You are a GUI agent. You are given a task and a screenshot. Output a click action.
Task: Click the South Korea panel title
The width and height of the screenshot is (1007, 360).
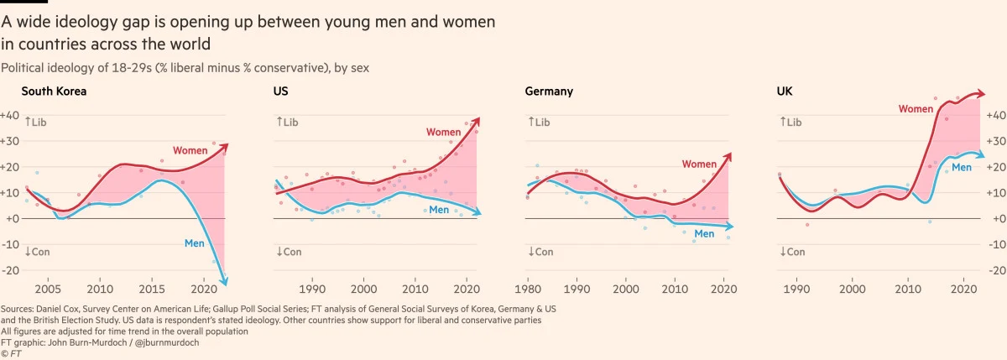54,91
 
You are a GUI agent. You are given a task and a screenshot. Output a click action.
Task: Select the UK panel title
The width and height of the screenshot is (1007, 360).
785,91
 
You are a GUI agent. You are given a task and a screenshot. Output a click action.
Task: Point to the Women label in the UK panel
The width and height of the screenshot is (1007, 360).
916,109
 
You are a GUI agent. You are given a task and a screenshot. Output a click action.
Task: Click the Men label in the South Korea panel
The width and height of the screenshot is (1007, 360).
195,243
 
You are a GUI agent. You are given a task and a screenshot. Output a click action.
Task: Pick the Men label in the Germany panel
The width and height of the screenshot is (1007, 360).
704,233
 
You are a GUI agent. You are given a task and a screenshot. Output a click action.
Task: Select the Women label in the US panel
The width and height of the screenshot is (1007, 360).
443,132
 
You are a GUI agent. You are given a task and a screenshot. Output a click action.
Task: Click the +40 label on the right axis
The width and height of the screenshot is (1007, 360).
995,115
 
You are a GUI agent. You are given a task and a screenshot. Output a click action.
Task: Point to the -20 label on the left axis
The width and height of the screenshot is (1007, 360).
9,270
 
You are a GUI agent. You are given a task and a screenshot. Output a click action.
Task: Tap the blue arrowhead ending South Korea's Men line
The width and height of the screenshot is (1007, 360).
224,284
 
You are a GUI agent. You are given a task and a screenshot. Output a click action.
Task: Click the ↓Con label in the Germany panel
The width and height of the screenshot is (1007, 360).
540,252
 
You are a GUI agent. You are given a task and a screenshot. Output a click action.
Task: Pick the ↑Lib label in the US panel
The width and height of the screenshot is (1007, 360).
287,123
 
